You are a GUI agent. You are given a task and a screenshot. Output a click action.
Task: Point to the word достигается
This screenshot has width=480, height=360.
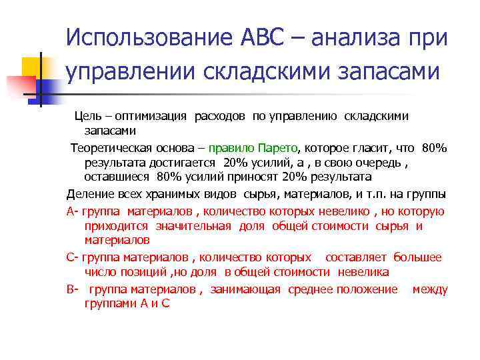click(x=183, y=163)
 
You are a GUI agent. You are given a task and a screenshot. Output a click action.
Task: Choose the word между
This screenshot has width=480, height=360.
click(x=429, y=289)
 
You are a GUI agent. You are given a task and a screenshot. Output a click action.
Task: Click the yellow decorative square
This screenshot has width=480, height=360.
click(x=32, y=66)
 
